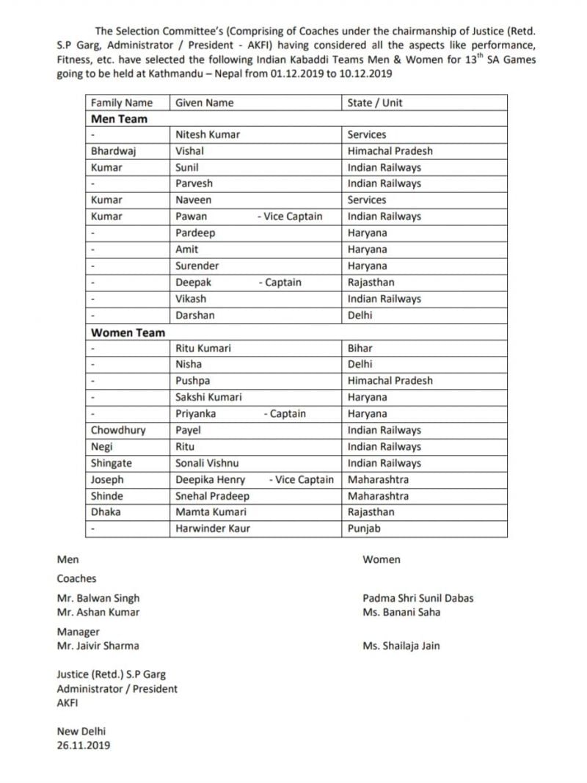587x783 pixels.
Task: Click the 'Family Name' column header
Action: (122, 103)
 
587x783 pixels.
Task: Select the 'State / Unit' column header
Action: (375, 103)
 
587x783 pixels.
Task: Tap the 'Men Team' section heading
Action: (119, 119)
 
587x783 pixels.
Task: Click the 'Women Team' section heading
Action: (128, 332)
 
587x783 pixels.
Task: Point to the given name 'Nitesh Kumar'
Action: (208, 135)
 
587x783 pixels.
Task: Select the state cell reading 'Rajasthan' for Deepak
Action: (371, 283)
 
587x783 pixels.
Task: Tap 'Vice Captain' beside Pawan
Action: (290, 216)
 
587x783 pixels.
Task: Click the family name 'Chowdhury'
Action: (118, 431)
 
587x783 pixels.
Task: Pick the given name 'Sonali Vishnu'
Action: (207, 463)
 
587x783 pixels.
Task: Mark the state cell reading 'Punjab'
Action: (364, 528)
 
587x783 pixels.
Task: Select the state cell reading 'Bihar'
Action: (360, 349)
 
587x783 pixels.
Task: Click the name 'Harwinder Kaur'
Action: (213, 528)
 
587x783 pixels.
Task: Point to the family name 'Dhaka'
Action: (106, 512)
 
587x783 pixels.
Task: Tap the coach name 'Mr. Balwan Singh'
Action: (98, 598)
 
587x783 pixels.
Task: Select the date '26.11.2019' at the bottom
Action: (84, 746)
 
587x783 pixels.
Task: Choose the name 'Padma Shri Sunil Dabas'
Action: (418, 598)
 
